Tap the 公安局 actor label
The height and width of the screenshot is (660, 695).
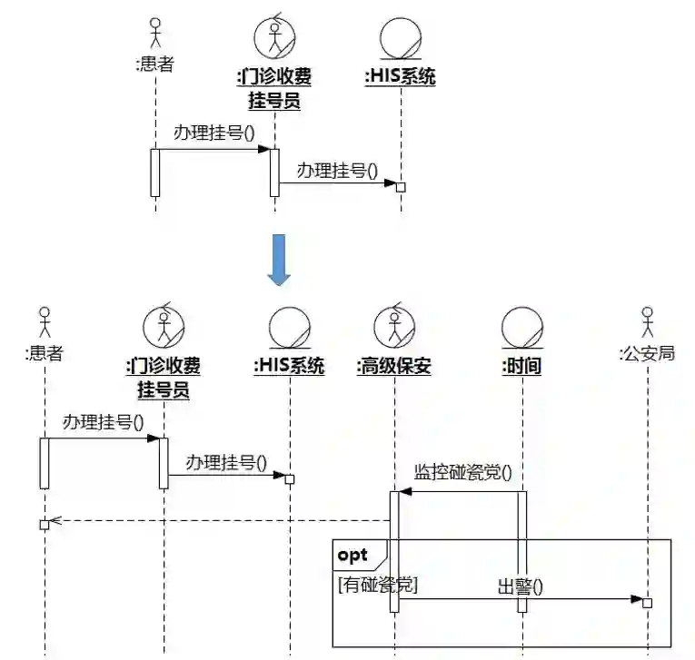[647, 354]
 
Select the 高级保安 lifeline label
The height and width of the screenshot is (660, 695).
[393, 367]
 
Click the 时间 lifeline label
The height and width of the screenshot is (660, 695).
[521, 367]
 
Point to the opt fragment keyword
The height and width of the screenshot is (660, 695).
[352, 555]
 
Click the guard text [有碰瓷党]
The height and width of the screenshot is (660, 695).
[377, 586]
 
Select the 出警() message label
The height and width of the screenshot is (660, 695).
[520, 586]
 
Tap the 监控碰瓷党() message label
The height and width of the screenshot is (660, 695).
[462, 472]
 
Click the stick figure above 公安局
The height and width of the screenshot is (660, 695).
[647, 322]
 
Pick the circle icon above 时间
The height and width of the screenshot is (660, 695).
[522, 327]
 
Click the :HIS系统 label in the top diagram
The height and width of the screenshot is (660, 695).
[400, 77]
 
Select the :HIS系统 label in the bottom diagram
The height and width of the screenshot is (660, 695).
[289, 367]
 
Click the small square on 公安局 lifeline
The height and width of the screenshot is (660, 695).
[647, 602]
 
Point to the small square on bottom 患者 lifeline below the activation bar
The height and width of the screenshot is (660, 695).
[44, 525]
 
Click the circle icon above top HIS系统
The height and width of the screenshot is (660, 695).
[400, 37]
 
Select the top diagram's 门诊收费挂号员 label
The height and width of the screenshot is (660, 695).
[274, 88]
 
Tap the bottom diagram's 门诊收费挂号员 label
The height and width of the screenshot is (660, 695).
[164, 378]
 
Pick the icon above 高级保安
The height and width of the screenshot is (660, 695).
[394, 327]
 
